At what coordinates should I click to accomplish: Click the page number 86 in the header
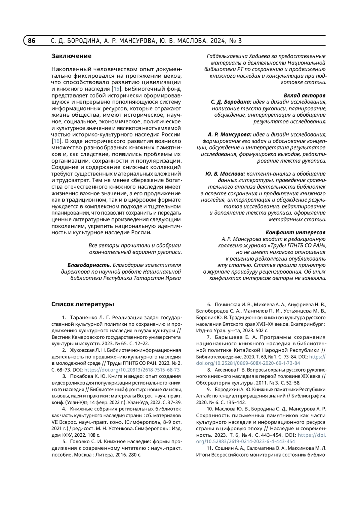pos(31,41)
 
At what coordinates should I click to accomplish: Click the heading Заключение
pos(71,56)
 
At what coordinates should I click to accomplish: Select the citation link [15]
pos(116,89)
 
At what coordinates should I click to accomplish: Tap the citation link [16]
pos(56,141)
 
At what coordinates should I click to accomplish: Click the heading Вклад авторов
pos(304,95)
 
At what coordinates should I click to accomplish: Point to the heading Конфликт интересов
pos(295,232)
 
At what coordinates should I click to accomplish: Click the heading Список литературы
pos(82,304)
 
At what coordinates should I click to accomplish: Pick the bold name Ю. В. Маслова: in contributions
pos(225,174)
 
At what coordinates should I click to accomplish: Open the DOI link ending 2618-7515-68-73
pos(132,370)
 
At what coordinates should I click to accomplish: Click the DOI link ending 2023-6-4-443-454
pos(245,442)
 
